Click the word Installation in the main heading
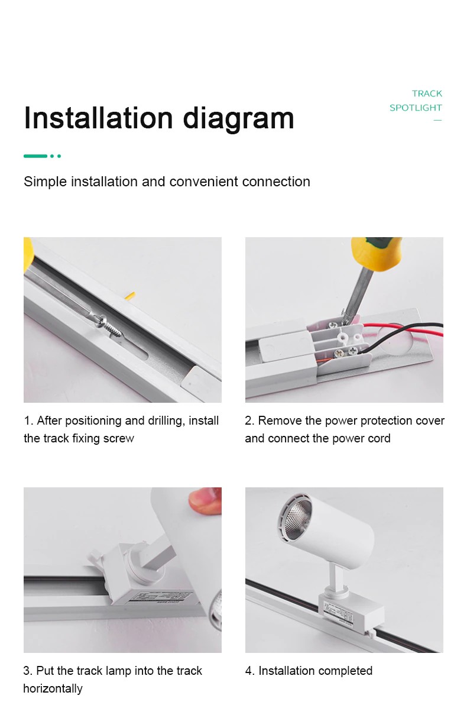(98, 118)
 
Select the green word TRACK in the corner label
(427, 93)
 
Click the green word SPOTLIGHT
(416, 108)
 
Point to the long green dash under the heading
(35, 156)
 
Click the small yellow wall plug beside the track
(131, 296)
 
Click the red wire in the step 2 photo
(403, 329)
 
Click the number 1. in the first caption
(28, 421)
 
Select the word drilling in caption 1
(166, 421)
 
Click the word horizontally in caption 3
(53, 688)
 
